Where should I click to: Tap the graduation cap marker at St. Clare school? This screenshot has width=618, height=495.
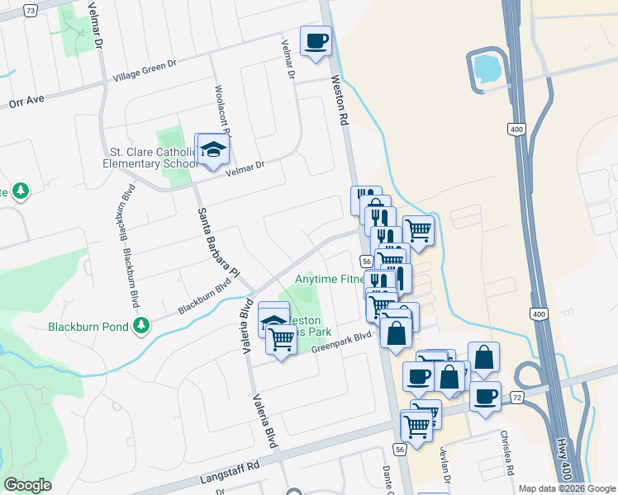213,150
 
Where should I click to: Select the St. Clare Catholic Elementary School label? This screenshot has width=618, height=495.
152,158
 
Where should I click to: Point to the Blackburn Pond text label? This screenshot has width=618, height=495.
88,327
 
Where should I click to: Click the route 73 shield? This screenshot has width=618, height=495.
31,10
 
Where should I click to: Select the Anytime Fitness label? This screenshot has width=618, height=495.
331,280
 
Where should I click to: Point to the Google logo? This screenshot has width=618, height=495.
27,485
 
